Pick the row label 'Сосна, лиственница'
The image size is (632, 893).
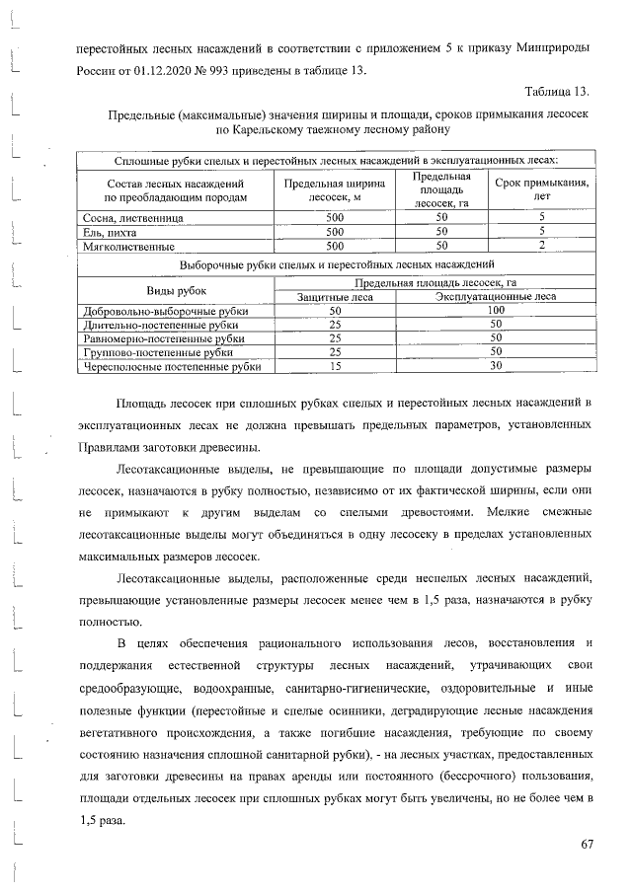tap(122, 216)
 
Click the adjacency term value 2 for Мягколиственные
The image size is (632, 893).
tap(541, 246)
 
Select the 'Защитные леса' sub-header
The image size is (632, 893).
tap(334, 296)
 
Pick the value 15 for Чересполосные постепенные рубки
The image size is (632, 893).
tap(334, 366)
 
